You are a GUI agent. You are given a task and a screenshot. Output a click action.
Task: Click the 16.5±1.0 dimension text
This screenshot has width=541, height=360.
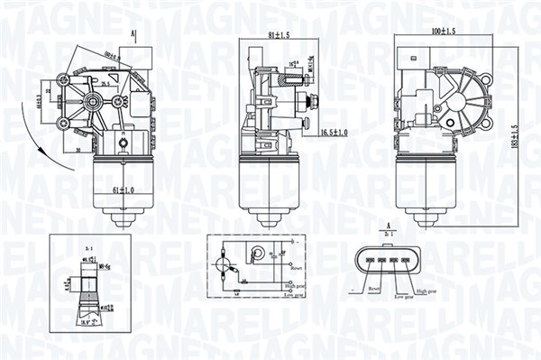pyautogui.click(x=335, y=133)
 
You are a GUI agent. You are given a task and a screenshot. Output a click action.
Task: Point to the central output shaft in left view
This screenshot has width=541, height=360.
pyautogui.click(x=91, y=101)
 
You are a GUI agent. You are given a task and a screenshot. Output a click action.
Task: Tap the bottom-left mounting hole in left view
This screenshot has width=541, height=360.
pyautogui.click(x=63, y=125)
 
